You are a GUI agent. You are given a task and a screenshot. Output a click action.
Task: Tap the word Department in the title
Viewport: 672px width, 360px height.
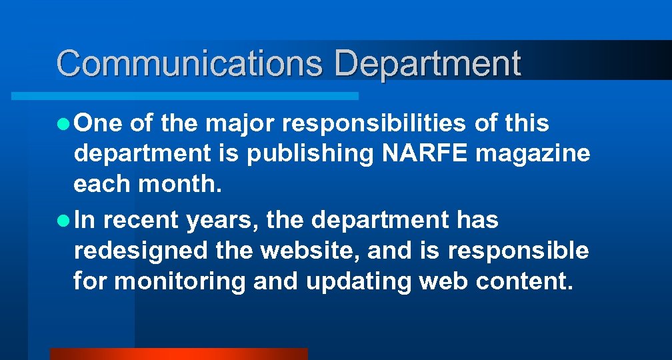click(427, 64)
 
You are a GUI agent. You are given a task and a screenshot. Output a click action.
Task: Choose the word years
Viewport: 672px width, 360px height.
click(222, 219)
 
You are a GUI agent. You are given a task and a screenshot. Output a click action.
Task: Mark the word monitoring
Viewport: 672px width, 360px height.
click(181, 281)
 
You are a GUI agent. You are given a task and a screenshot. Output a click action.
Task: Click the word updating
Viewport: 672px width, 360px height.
click(359, 281)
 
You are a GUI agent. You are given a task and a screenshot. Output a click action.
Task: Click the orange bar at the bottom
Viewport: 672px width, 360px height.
click(179, 354)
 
